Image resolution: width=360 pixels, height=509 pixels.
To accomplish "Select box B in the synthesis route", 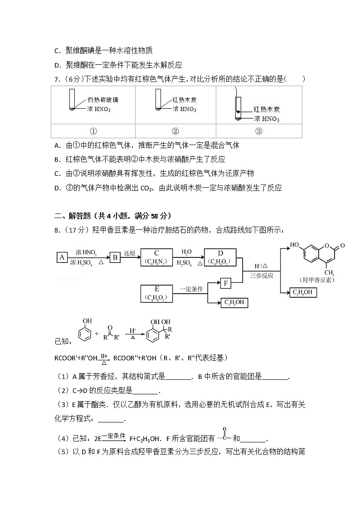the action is click(116, 257).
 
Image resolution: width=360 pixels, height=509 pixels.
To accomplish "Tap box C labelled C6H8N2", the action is click(156, 257).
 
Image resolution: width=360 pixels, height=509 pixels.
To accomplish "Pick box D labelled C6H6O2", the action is click(220, 257).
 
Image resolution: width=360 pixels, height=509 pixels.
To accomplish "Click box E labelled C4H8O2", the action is click(156, 293).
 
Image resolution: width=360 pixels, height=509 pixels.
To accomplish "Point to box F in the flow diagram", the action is click(225, 284).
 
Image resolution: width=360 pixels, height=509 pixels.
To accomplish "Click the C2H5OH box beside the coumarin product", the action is click(302, 292).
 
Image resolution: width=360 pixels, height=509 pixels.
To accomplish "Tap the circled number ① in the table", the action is click(93, 131).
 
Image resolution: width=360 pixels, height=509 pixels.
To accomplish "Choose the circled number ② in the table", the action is click(175, 131).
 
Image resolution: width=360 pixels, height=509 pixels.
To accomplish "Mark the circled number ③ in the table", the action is click(258, 131).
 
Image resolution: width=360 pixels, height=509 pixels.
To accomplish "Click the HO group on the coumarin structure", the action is click(295, 245).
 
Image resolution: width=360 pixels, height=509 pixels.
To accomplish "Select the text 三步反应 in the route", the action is click(262, 275).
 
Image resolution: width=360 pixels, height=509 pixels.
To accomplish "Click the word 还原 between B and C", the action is click(130, 253).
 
